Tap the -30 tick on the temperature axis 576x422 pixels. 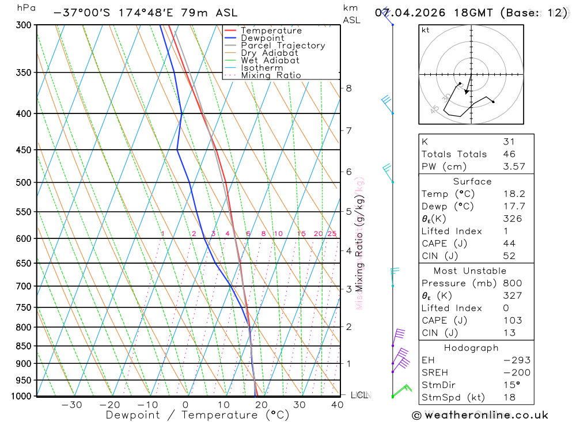click(71, 405)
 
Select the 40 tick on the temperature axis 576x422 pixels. click(338, 405)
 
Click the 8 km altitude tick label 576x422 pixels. click(349, 88)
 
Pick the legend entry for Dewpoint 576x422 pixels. click(263, 38)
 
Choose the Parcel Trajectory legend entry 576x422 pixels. click(283, 45)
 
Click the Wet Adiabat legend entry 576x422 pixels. click(270, 60)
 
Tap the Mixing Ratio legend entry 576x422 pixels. click(271, 75)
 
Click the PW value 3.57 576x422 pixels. click(513, 166)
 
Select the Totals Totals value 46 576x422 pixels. click(509, 154)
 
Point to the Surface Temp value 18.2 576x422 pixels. click(513, 194)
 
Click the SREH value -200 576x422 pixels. click(516, 372)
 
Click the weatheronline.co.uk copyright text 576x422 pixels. click(480, 415)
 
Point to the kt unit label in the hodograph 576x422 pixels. click(426, 30)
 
